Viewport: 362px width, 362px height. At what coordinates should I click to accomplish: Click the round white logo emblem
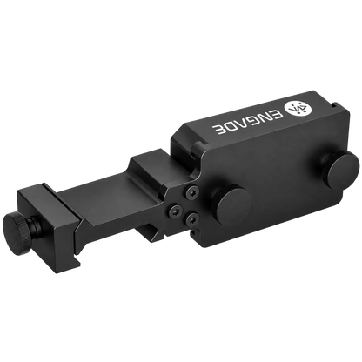pos(298,109)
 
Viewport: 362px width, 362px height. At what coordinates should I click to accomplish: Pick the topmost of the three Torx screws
pos(193,193)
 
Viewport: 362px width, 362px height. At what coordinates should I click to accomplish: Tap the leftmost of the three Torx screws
pos(176,211)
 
